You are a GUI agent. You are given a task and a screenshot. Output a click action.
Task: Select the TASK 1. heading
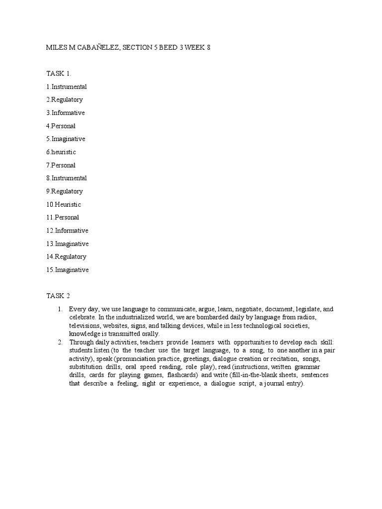pyautogui.click(x=59, y=74)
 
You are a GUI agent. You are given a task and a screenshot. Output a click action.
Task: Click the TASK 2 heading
pyautogui.click(x=58, y=296)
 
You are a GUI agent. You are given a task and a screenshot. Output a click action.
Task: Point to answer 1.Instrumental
pyautogui.click(x=67, y=86)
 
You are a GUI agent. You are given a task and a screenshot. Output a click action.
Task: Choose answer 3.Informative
pyautogui.click(x=66, y=113)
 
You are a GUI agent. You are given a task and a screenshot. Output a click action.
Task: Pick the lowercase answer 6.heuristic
pyautogui.click(x=62, y=152)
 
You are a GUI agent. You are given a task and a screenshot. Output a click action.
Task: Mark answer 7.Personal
pyautogui.click(x=61, y=165)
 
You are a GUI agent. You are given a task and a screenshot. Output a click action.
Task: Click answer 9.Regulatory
pyautogui.click(x=65, y=191)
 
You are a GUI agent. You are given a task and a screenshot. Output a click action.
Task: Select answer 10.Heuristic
pyautogui.click(x=64, y=204)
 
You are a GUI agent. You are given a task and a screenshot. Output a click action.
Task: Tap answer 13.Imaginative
pyautogui.click(x=68, y=244)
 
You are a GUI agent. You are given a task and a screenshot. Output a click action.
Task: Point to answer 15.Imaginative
pyautogui.click(x=68, y=270)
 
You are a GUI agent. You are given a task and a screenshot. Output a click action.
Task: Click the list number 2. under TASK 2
pyautogui.click(x=60, y=342)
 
